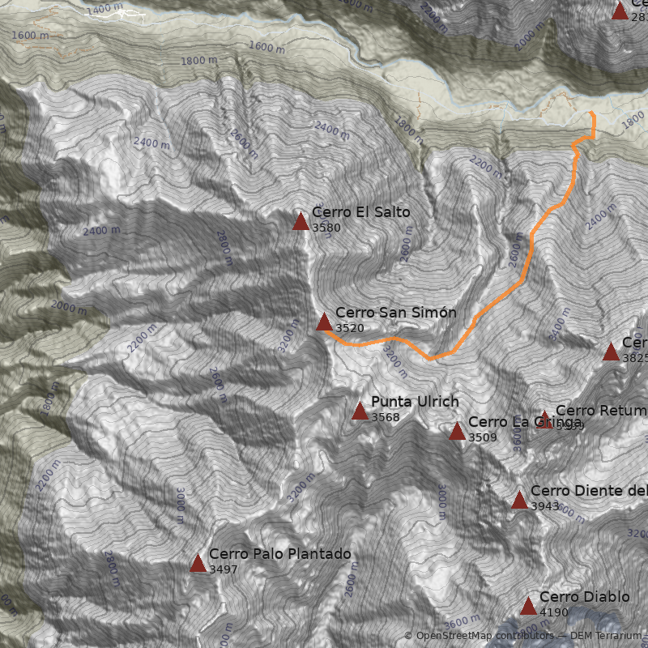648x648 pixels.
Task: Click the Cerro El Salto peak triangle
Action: pos(301,221)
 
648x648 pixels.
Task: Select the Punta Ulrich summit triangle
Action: pos(360,411)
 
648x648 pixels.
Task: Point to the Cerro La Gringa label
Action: pos(524,422)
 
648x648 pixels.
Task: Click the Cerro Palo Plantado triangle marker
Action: pos(198,563)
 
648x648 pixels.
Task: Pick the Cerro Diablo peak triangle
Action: pos(528,606)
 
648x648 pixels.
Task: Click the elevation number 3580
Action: pos(326,228)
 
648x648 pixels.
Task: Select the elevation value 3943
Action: pos(545,505)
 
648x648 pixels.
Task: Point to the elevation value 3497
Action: pos(224,569)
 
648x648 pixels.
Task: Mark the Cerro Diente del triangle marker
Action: pos(519,500)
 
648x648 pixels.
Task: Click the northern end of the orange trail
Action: pos(592,112)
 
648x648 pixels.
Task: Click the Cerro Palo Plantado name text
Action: pos(279,554)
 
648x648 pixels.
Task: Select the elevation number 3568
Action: pos(386,417)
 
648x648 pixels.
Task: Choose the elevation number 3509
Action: pos(483,437)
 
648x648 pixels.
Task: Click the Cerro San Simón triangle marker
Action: pos(324,322)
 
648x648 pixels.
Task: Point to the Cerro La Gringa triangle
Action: pos(457,431)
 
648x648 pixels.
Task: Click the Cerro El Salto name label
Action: pos(360,212)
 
